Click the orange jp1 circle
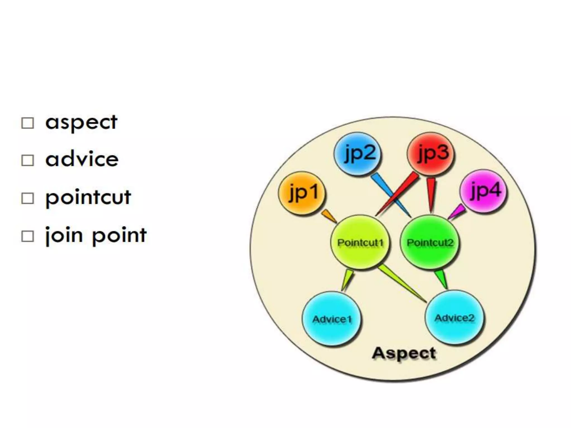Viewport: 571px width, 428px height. coord(302,193)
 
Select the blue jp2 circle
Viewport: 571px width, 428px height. coord(358,154)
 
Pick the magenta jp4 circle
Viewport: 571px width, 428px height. coord(483,191)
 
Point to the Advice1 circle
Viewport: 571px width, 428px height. coord(332,319)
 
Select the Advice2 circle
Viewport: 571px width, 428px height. coord(454,318)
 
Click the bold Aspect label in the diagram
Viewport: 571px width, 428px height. coord(404,353)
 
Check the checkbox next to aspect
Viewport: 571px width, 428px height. coord(28,123)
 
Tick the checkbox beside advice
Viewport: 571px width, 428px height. coord(28,160)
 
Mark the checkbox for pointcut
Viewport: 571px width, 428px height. coord(28,198)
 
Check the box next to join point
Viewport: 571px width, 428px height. coord(28,236)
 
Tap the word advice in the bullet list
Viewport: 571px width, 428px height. coord(82,159)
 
